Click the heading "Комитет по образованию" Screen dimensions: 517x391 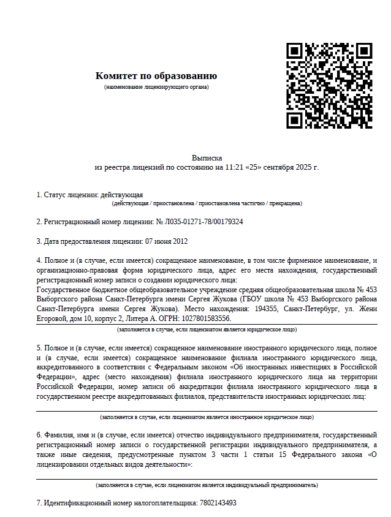[156, 76]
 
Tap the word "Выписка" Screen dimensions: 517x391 [207, 157]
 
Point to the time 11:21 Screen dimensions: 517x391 [233, 167]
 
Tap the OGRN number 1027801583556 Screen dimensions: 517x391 [209, 319]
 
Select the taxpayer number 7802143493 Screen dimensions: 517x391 [217, 503]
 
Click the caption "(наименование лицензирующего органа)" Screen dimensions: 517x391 [156, 87]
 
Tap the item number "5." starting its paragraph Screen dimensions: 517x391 [39, 348]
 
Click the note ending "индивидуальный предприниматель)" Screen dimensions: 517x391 [207, 485]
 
